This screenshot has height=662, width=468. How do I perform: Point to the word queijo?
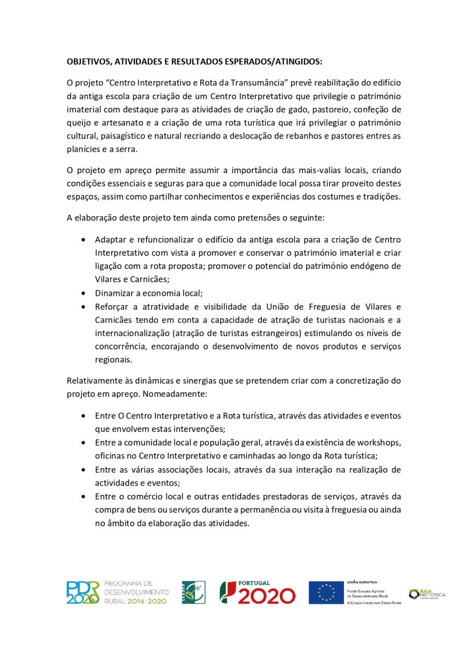(x=79, y=123)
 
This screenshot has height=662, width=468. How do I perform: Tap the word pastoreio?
(x=325, y=110)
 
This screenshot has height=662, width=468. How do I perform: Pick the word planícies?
(x=84, y=150)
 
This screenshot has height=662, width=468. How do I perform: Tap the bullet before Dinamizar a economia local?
(x=84, y=293)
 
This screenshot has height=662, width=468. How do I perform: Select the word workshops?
(x=378, y=443)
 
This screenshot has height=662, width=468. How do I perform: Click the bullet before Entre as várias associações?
(x=84, y=470)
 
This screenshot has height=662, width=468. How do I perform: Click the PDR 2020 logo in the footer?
(x=83, y=593)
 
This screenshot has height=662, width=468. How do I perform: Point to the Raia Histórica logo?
(x=427, y=594)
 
